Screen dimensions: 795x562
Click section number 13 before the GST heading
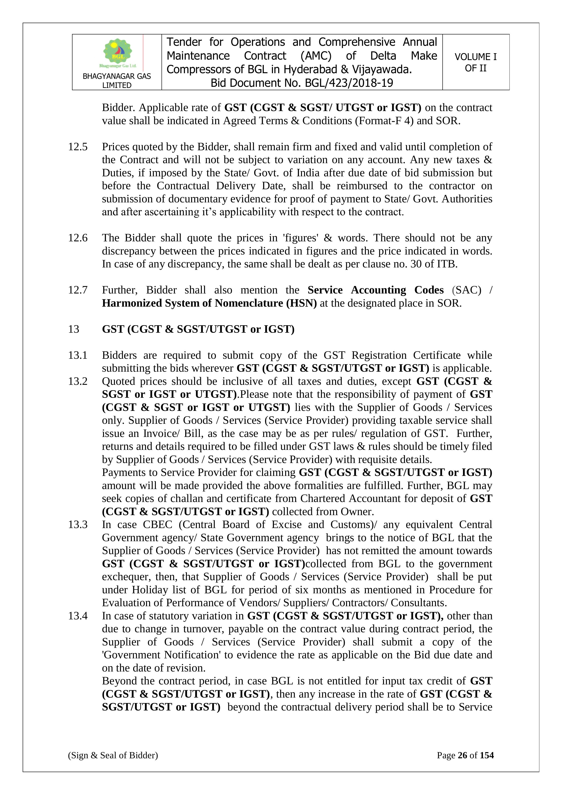pos(73,329)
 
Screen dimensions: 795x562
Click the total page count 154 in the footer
pos(487,755)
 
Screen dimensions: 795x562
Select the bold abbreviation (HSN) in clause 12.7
pos(301,303)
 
